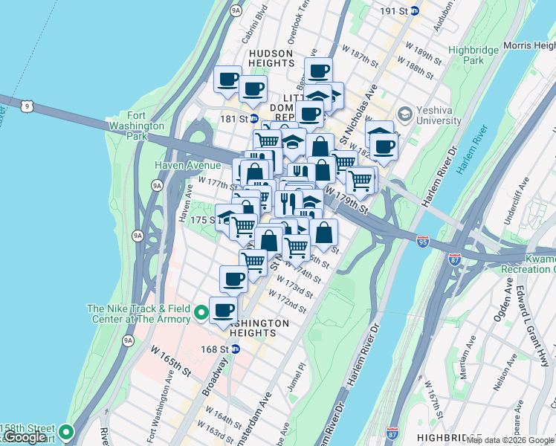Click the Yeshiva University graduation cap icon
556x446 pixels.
[404, 114]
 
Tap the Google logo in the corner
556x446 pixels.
[25, 437]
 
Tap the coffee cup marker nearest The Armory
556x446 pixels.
[223, 310]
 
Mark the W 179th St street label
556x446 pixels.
[347, 204]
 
